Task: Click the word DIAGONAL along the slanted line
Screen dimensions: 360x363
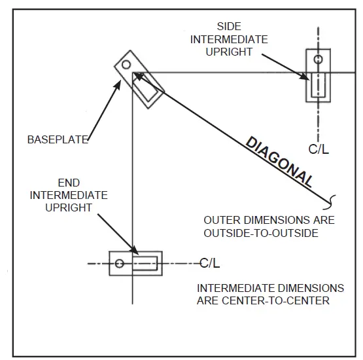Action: (x=279, y=162)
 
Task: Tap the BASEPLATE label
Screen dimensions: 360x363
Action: (x=58, y=139)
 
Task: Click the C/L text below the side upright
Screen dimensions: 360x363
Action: (x=319, y=149)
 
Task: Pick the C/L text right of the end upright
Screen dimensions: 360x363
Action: (x=210, y=263)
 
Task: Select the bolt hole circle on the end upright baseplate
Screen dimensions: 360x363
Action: (x=119, y=264)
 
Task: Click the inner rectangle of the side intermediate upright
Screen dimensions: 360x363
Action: (x=319, y=84)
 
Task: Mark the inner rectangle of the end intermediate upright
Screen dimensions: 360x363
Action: (x=145, y=264)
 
